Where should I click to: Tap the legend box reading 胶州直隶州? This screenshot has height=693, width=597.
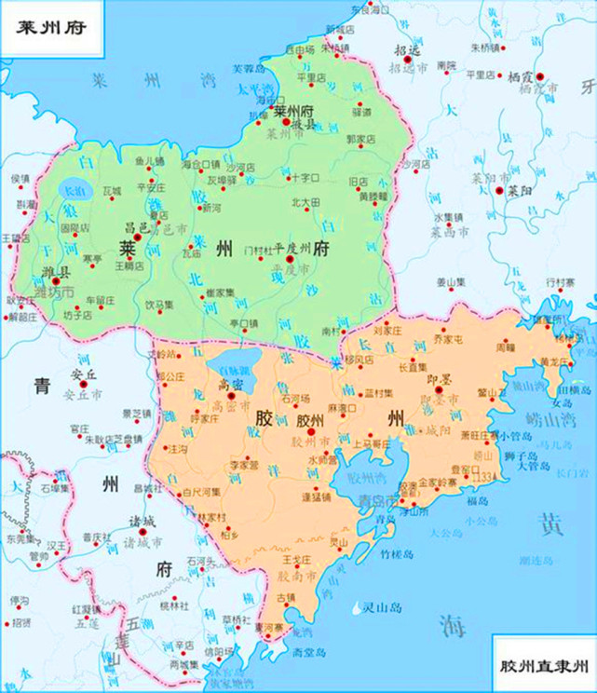[544, 667]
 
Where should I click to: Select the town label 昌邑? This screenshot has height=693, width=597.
[137, 224]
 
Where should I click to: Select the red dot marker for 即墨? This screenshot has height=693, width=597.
[437, 393]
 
